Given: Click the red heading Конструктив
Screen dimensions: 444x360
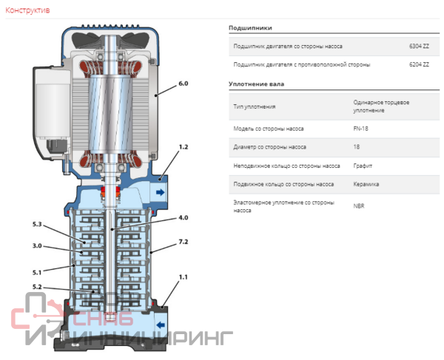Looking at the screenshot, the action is pyautogui.click(x=27, y=10).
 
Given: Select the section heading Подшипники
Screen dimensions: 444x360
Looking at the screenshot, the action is pyautogui.click(x=250, y=28).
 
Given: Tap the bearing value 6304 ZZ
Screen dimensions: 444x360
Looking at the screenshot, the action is pyautogui.click(x=419, y=46).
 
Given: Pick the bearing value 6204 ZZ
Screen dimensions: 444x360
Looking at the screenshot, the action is pyautogui.click(x=419, y=64).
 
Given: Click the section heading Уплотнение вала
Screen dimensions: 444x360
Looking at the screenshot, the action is pyautogui.click(x=256, y=84).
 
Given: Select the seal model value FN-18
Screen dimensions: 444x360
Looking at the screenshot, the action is pyautogui.click(x=360, y=129).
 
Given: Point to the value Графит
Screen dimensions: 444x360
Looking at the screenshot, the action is pyautogui.click(x=363, y=166).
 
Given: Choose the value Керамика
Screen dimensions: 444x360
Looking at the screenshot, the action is pyautogui.click(x=366, y=184).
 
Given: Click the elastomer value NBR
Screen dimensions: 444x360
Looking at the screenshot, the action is pyautogui.click(x=359, y=206).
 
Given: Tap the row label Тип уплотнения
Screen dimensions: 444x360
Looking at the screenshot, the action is pyautogui.click(x=255, y=107).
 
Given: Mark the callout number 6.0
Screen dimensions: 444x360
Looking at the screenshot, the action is pyautogui.click(x=184, y=84).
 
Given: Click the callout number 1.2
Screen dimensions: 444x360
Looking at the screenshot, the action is pyautogui.click(x=184, y=147).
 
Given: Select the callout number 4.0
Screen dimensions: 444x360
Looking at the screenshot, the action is pyautogui.click(x=184, y=218).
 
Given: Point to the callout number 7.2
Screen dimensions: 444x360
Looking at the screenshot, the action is pyautogui.click(x=184, y=242).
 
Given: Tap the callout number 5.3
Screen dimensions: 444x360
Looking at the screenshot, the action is pyautogui.click(x=37, y=224).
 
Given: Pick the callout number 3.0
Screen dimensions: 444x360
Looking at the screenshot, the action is pyautogui.click(x=37, y=245).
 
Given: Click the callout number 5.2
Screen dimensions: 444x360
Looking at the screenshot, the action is pyautogui.click(x=37, y=287).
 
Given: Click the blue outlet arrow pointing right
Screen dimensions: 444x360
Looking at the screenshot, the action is pyautogui.click(x=161, y=192).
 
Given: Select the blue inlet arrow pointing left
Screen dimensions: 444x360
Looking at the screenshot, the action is pyautogui.click(x=161, y=325).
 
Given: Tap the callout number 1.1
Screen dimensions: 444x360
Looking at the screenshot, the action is pyautogui.click(x=184, y=277).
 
